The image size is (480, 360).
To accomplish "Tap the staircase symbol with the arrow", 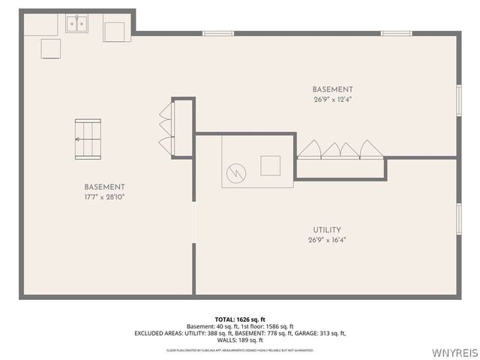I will pos(87,139).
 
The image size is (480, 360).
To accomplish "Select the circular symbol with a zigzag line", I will pos(237,172).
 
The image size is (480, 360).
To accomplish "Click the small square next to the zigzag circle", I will pos(270,164).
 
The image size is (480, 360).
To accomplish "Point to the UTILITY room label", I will pos(327,229).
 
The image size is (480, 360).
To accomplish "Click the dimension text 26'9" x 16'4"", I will pos(327,240).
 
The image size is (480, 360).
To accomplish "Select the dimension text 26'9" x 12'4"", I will pos(332,99).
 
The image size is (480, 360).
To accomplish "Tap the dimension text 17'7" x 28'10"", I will pos(104,197).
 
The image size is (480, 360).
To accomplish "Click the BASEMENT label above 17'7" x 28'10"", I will pos(104,187).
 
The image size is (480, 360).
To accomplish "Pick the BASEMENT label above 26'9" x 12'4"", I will pos(332,88).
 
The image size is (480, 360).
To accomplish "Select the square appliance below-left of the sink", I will pos(52,48).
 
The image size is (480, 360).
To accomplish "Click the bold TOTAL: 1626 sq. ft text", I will pos(239,319).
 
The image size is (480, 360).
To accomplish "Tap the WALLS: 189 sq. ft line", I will pos(239,340).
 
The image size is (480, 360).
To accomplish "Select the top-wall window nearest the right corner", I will pos(395,33).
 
